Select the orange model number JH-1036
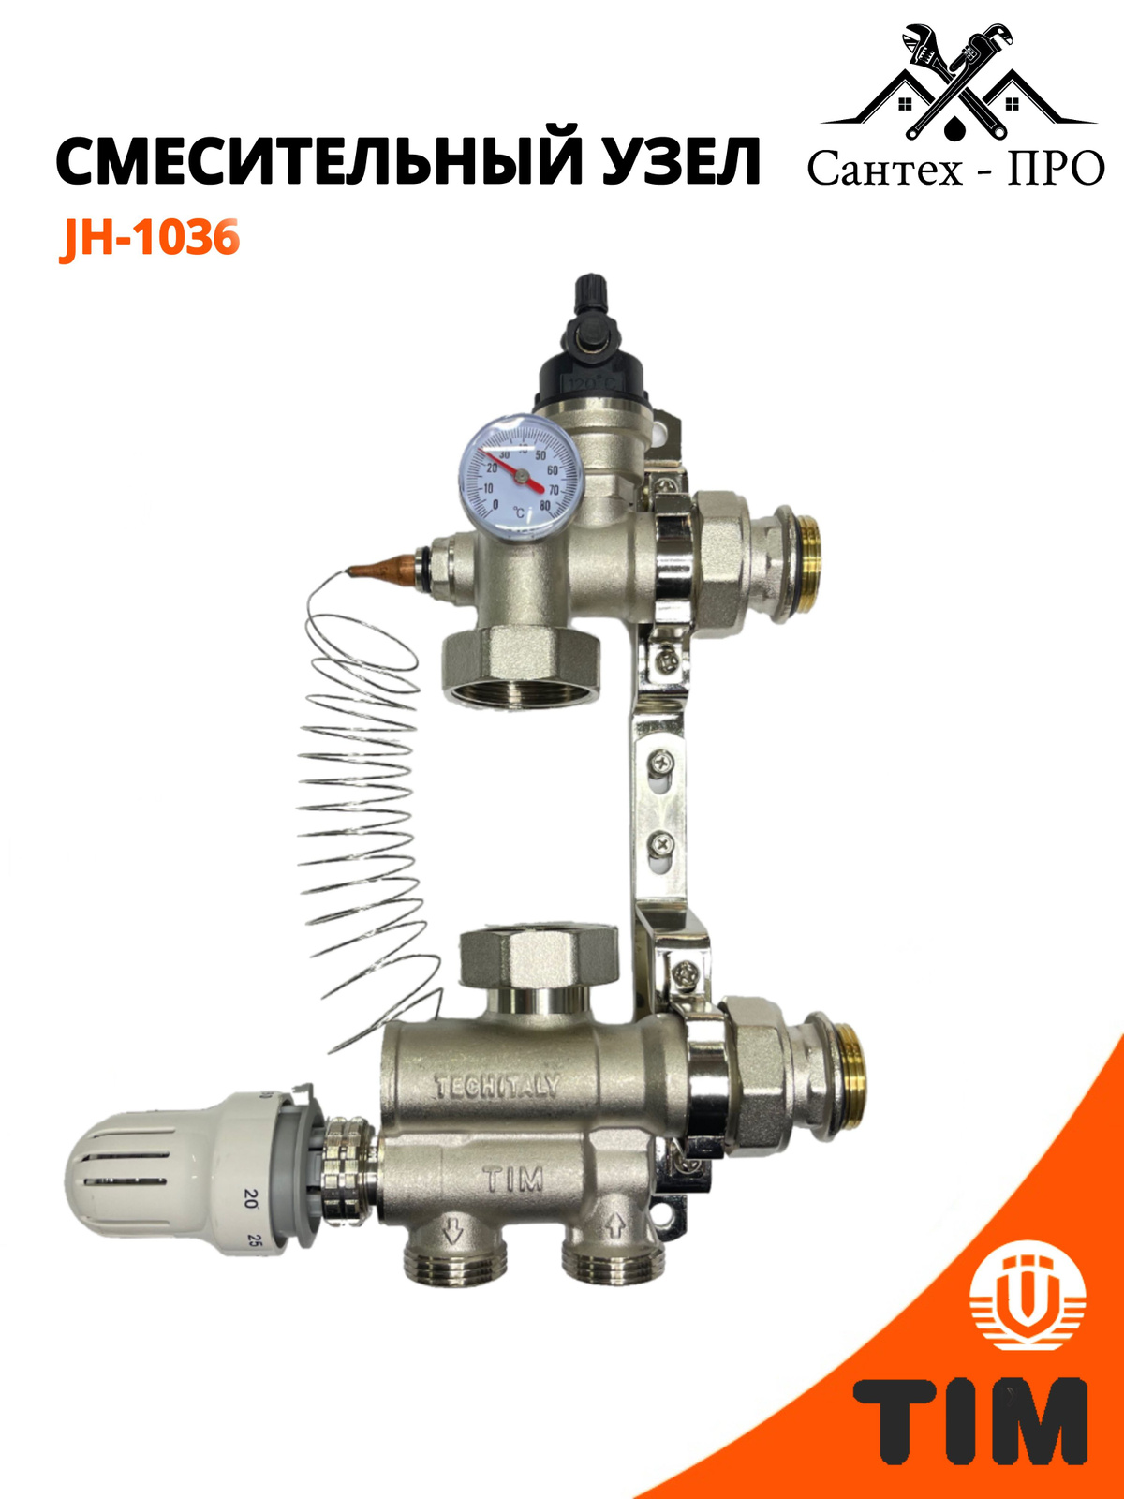pos(150,238)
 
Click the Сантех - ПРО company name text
pos(955,168)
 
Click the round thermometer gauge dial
pos(518,474)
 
